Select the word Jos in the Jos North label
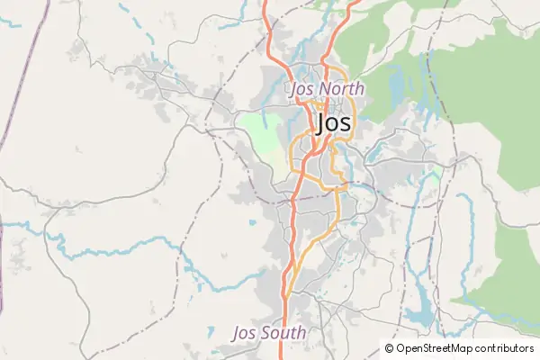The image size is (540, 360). coord(301,89)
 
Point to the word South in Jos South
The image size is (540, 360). coord(281,332)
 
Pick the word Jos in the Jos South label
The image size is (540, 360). coord(244,332)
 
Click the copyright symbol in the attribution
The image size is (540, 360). coord(390,348)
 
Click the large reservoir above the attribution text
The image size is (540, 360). coord(419,314)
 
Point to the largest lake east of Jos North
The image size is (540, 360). coord(396,86)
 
